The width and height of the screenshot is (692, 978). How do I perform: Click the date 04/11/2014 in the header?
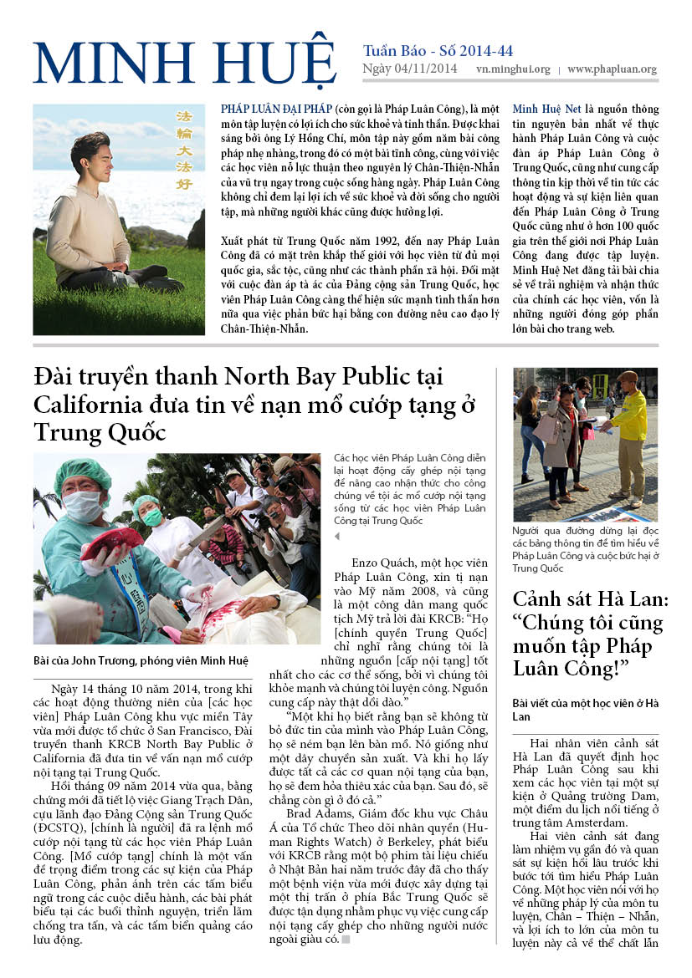tap(426, 69)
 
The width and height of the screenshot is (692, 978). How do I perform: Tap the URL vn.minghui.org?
tap(513, 70)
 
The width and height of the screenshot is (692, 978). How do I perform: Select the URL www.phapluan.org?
tap(612, 70)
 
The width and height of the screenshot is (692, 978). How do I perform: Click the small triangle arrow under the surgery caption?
tap(337, 536)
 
